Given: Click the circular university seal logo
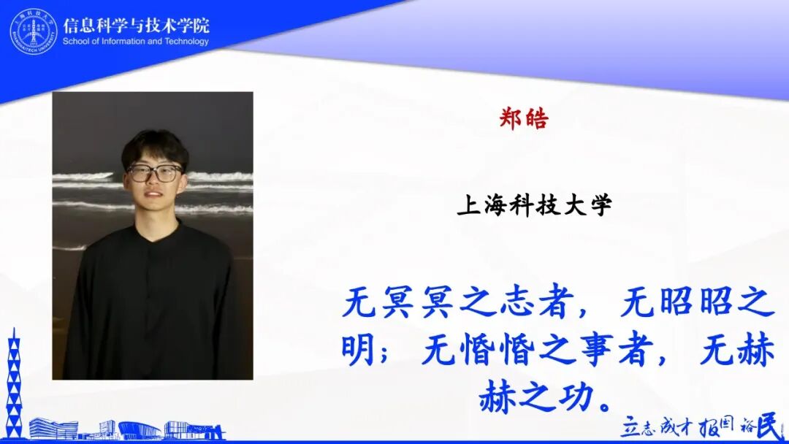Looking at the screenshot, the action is tap(33, 31).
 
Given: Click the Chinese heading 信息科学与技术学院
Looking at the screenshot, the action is tap(136, 25).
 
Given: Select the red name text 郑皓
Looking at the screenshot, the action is tap(523, 119).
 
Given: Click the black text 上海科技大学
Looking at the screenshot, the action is tap(534, 205).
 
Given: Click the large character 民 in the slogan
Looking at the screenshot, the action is tap(771, 426).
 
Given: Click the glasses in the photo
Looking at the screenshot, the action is tap(154, 173).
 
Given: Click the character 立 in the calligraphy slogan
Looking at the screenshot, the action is tap(630, 428).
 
